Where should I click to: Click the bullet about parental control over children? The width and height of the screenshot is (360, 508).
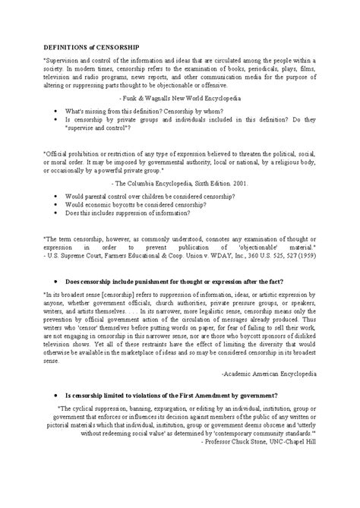pyautogui.click(x=153, y=195)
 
